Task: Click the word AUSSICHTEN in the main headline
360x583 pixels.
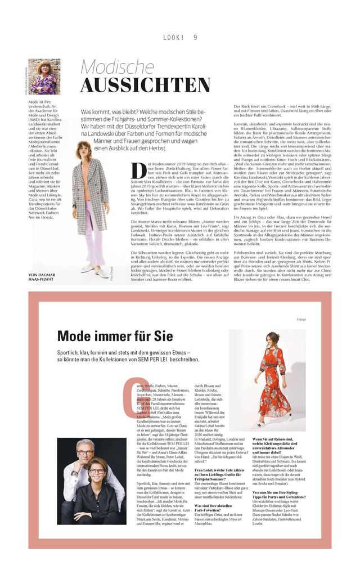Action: pyautogui.click(x=145, y=84)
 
